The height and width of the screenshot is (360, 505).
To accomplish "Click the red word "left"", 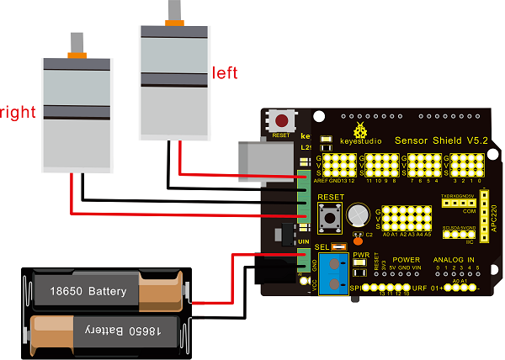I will point(225,72).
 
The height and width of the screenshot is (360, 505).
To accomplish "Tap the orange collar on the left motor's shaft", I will point(175,21).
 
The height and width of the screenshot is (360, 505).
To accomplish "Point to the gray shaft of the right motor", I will point(78,42).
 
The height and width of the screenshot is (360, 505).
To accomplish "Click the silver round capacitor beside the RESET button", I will point(360,214).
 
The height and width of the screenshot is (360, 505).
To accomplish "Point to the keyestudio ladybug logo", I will point(362,130).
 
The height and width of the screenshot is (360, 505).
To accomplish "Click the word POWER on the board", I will point(407,260).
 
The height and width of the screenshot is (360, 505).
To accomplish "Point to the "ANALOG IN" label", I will point(454,260).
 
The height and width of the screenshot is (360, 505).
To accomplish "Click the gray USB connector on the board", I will point(261,161).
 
